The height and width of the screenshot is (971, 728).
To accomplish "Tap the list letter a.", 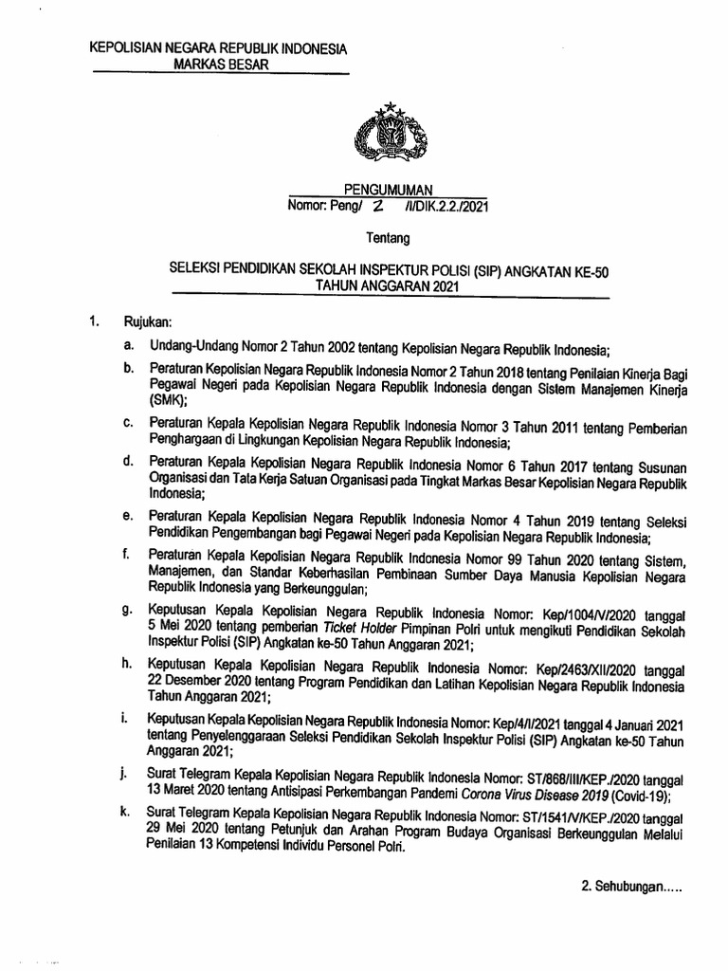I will pos(127,348).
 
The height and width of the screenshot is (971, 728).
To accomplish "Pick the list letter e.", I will pos(127,516).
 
